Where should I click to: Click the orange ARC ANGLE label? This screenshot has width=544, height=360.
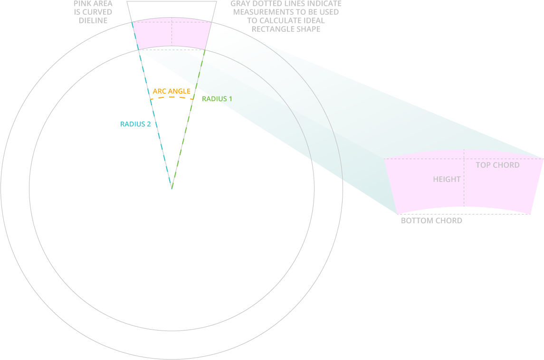coord(172,91)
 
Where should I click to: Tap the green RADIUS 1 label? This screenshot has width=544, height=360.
coord(217,99)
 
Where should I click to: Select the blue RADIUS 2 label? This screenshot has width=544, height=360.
coord(135,124)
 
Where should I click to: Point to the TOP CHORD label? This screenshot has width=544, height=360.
coord(497,165)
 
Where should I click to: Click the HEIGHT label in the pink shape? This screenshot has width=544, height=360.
coord(447,179)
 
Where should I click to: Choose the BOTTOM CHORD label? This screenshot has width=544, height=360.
coord(431,221)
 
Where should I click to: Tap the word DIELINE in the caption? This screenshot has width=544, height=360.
coord(93,20)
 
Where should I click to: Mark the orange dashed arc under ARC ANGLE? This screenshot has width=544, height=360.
coord(172,97)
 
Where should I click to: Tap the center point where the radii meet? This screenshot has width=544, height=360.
coord(172,189)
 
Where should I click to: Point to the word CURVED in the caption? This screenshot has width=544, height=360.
coord(97,12)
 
